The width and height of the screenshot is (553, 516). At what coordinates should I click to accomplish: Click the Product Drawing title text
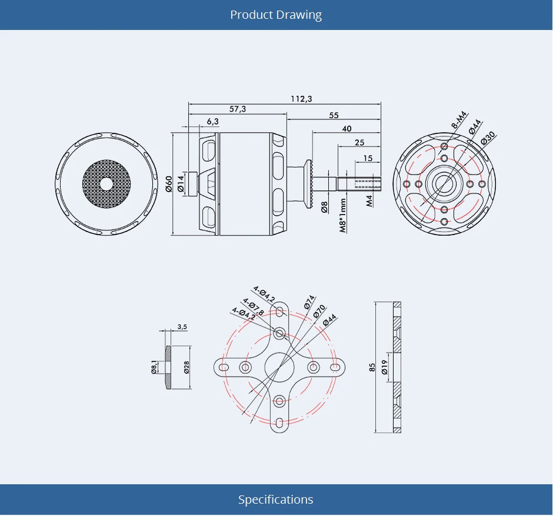(276, 15)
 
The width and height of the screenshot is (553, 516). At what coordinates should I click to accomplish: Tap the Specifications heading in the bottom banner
(276, 500)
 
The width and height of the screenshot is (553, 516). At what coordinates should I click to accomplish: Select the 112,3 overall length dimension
(301, 98)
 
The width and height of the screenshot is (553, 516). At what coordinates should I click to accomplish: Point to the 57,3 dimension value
(238, 109)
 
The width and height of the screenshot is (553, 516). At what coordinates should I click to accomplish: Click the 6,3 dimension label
(212, 121)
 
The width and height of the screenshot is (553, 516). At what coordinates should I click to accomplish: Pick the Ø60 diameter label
(168, 184)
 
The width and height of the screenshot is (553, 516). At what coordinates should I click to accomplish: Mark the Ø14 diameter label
(181, 183)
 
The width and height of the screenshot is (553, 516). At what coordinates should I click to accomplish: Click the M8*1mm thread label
(343, 215)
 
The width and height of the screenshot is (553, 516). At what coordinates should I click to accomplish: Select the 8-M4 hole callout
(459, 119)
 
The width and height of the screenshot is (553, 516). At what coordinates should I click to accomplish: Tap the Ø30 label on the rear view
(488, 137)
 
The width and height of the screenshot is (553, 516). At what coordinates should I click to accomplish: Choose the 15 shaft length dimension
(368, 158)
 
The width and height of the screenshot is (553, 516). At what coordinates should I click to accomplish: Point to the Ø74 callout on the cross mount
(309, 302)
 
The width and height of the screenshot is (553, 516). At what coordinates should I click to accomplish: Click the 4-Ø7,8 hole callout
(254, 307)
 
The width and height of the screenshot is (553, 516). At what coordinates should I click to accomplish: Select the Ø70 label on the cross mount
(319, 311)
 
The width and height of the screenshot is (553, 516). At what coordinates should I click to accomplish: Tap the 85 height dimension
(372, 367)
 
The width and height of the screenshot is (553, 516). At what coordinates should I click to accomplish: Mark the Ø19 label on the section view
(384, 368)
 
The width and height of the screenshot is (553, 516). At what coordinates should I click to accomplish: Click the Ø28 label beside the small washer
(186, 368)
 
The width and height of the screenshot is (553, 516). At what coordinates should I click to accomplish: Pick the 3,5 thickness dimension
(182, 327)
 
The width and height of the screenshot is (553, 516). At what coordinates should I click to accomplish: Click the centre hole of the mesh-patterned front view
(106, 184)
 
